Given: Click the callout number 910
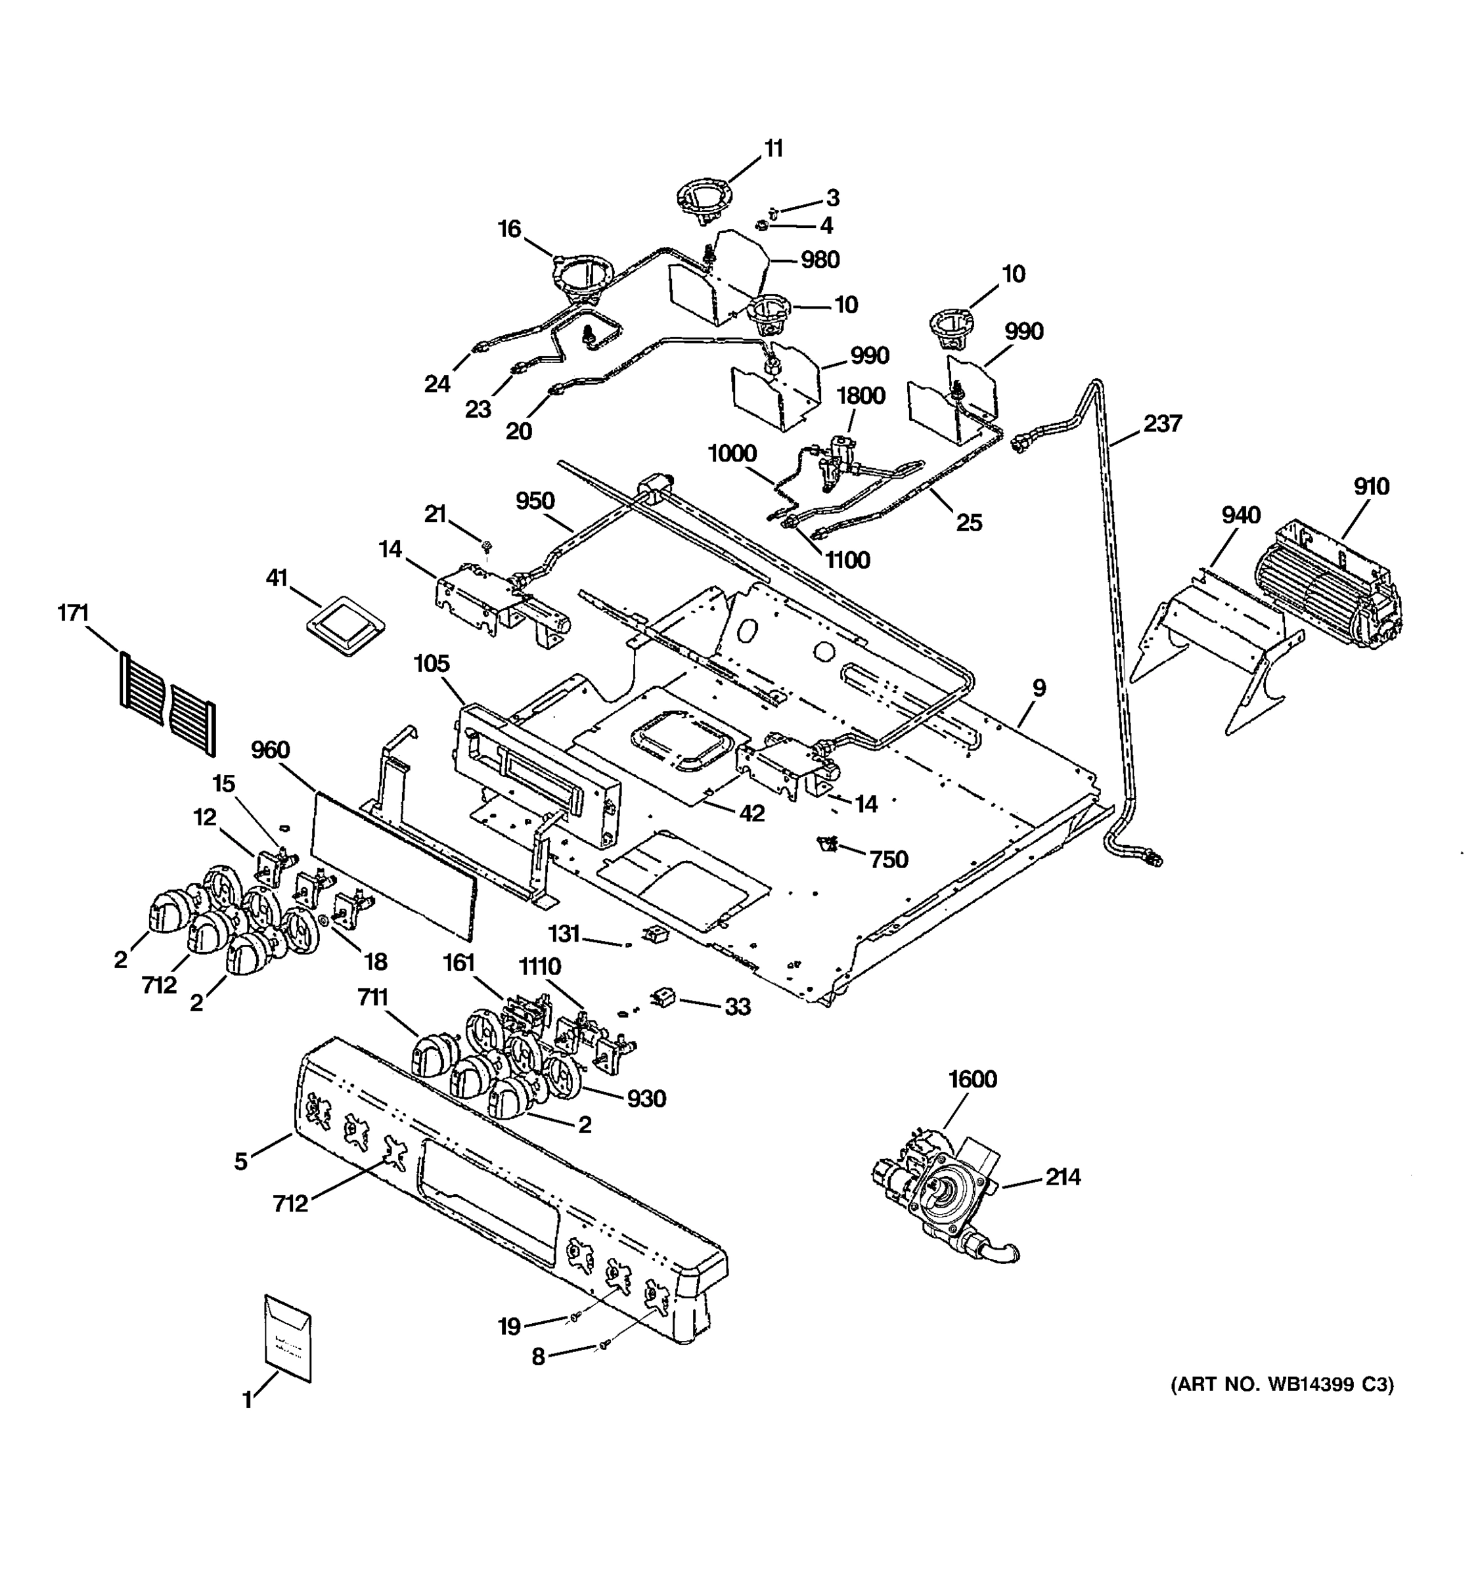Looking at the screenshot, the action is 1371,486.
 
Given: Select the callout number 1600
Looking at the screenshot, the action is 972,1079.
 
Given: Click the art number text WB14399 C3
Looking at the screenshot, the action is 1282,1385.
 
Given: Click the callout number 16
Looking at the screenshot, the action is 509,229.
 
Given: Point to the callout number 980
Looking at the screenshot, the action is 819,259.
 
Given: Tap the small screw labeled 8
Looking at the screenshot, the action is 605,1344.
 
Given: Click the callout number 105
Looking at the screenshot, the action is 432,663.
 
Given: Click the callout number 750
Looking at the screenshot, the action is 888,860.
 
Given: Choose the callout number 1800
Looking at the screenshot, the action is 861,395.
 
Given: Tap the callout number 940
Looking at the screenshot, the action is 1240,515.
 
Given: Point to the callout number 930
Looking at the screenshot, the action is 646,1099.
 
